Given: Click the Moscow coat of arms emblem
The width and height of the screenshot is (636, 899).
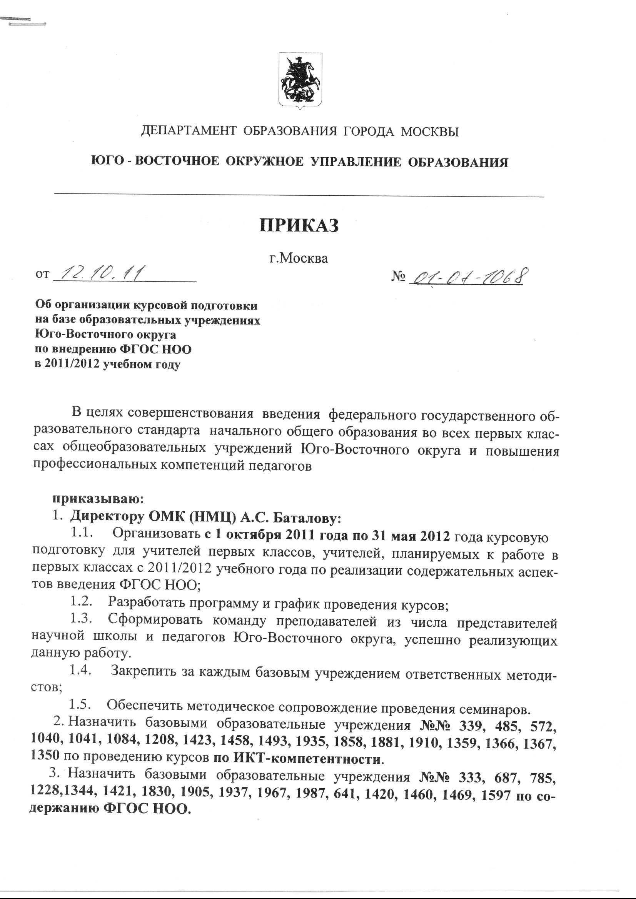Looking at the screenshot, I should [x=300, y=80].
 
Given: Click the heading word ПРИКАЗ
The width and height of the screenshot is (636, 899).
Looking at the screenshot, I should [x=299, y=226].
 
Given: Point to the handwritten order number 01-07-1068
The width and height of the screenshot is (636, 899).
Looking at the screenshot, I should [x=466, y=276].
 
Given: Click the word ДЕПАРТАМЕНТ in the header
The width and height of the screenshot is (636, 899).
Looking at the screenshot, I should [x=189, y=131].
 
